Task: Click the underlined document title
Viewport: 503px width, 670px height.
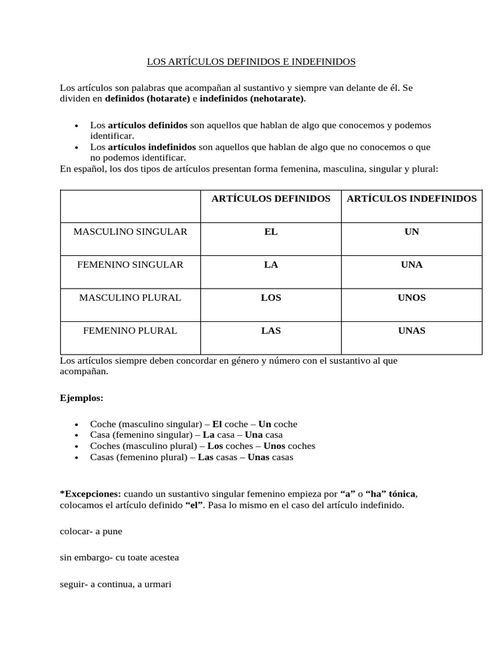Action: tap(250, 62)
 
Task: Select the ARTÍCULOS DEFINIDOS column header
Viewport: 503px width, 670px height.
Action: tap(270, 198)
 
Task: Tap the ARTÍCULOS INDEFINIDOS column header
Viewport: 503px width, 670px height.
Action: tap(411, 198)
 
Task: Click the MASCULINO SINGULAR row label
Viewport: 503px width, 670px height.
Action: tap(130, 232)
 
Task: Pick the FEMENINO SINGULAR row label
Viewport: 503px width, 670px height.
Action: tap(130, 265)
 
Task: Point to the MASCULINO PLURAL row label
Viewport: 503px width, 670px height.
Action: tap(130, 298)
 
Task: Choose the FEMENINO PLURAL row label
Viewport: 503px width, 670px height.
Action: tap(130, 330)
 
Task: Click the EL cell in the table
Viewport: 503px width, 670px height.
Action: tap(270, 232)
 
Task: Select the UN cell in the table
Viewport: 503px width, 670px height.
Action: tap(411, 232)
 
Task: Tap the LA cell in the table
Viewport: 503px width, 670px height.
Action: tap(270, 265)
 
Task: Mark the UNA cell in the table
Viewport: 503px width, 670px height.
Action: tap(411, 265)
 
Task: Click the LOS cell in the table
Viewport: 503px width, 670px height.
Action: tap(270, 298)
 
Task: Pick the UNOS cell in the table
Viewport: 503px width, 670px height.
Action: tap(411, 298)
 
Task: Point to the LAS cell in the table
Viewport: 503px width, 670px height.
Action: tap(270, 330)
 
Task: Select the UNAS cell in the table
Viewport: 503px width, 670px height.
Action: tap(411, 330)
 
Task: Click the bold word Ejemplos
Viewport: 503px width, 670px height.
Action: tap(81, 398)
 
